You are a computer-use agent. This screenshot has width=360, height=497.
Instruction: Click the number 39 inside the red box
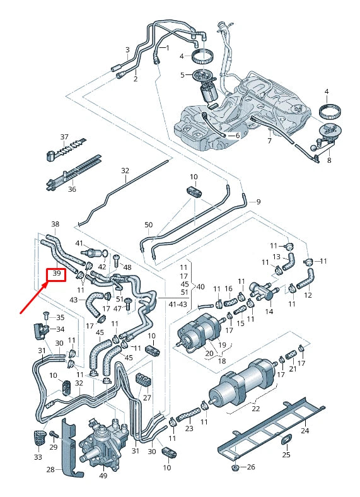57,274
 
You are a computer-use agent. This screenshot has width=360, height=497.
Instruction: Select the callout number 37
64,137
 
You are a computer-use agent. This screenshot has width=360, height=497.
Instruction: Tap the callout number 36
72,189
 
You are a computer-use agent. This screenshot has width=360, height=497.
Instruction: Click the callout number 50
149,225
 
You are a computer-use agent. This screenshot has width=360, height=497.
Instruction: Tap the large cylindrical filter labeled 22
246,382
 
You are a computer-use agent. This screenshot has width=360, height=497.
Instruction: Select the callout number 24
305,431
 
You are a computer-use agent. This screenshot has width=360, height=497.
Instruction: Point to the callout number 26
252,467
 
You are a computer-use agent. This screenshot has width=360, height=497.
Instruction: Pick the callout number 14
269,312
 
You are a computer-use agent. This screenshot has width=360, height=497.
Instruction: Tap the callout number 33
38,457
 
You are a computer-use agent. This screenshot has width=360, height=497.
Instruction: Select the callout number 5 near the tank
182,75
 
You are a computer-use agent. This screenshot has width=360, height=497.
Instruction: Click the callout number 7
269,141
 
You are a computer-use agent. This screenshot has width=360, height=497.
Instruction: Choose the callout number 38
55,225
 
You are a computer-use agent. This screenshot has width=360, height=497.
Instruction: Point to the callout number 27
147,398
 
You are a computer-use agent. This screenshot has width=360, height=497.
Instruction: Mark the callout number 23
189,428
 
